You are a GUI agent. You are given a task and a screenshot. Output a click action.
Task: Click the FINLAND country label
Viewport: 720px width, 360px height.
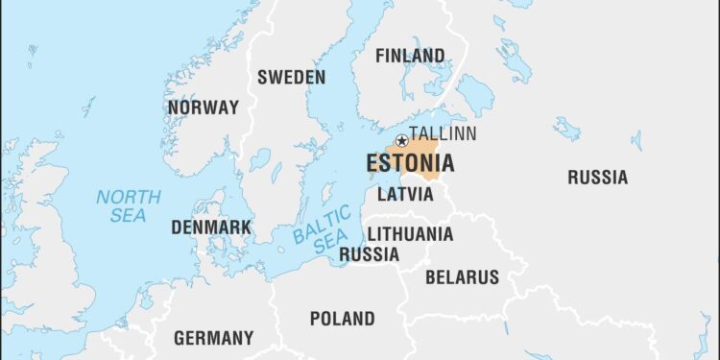[x=410, y=56]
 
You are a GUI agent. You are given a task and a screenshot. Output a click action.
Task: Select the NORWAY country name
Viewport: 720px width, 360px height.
[x=203, y=108]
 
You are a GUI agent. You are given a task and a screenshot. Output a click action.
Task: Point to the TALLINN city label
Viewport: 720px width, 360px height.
[x=444, y=134]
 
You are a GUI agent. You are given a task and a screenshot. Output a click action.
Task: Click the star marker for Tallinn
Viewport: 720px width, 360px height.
[x=401, y=141]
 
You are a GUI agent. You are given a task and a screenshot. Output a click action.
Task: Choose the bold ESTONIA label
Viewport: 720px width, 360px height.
[x=410, y=163]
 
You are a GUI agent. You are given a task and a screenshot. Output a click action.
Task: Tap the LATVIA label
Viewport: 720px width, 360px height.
[x=405, y=194]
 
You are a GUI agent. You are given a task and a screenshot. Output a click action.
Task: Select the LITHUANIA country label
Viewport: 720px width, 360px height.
[x=410, y=233]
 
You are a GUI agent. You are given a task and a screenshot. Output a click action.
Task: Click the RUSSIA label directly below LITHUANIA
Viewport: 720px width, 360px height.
[x=370, y=254]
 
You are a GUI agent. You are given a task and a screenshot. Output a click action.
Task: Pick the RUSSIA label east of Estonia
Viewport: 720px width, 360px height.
[x=597, y=177]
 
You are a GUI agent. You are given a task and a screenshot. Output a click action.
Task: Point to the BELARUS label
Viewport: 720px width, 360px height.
[x=462, y=277]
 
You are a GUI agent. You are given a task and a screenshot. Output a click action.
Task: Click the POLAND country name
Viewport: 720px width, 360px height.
[x=342, y=318]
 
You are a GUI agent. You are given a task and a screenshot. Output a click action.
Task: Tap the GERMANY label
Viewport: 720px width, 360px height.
[x=213, y=338]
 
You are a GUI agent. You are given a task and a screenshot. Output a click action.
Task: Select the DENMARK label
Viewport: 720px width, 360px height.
[x=211, y=228]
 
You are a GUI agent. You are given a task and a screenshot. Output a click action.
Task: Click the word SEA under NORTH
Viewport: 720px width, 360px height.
[x=128, y=216]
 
